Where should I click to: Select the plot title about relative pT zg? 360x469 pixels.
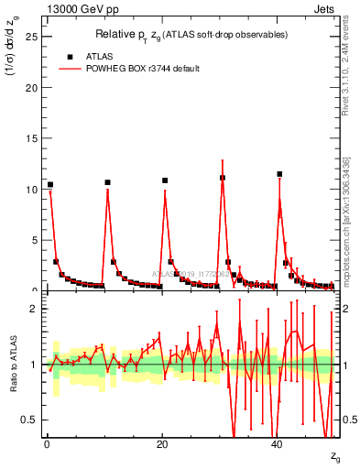coord(191,34)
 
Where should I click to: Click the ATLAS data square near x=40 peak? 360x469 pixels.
coord(279,174)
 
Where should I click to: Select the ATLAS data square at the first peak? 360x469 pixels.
coord(50,185)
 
